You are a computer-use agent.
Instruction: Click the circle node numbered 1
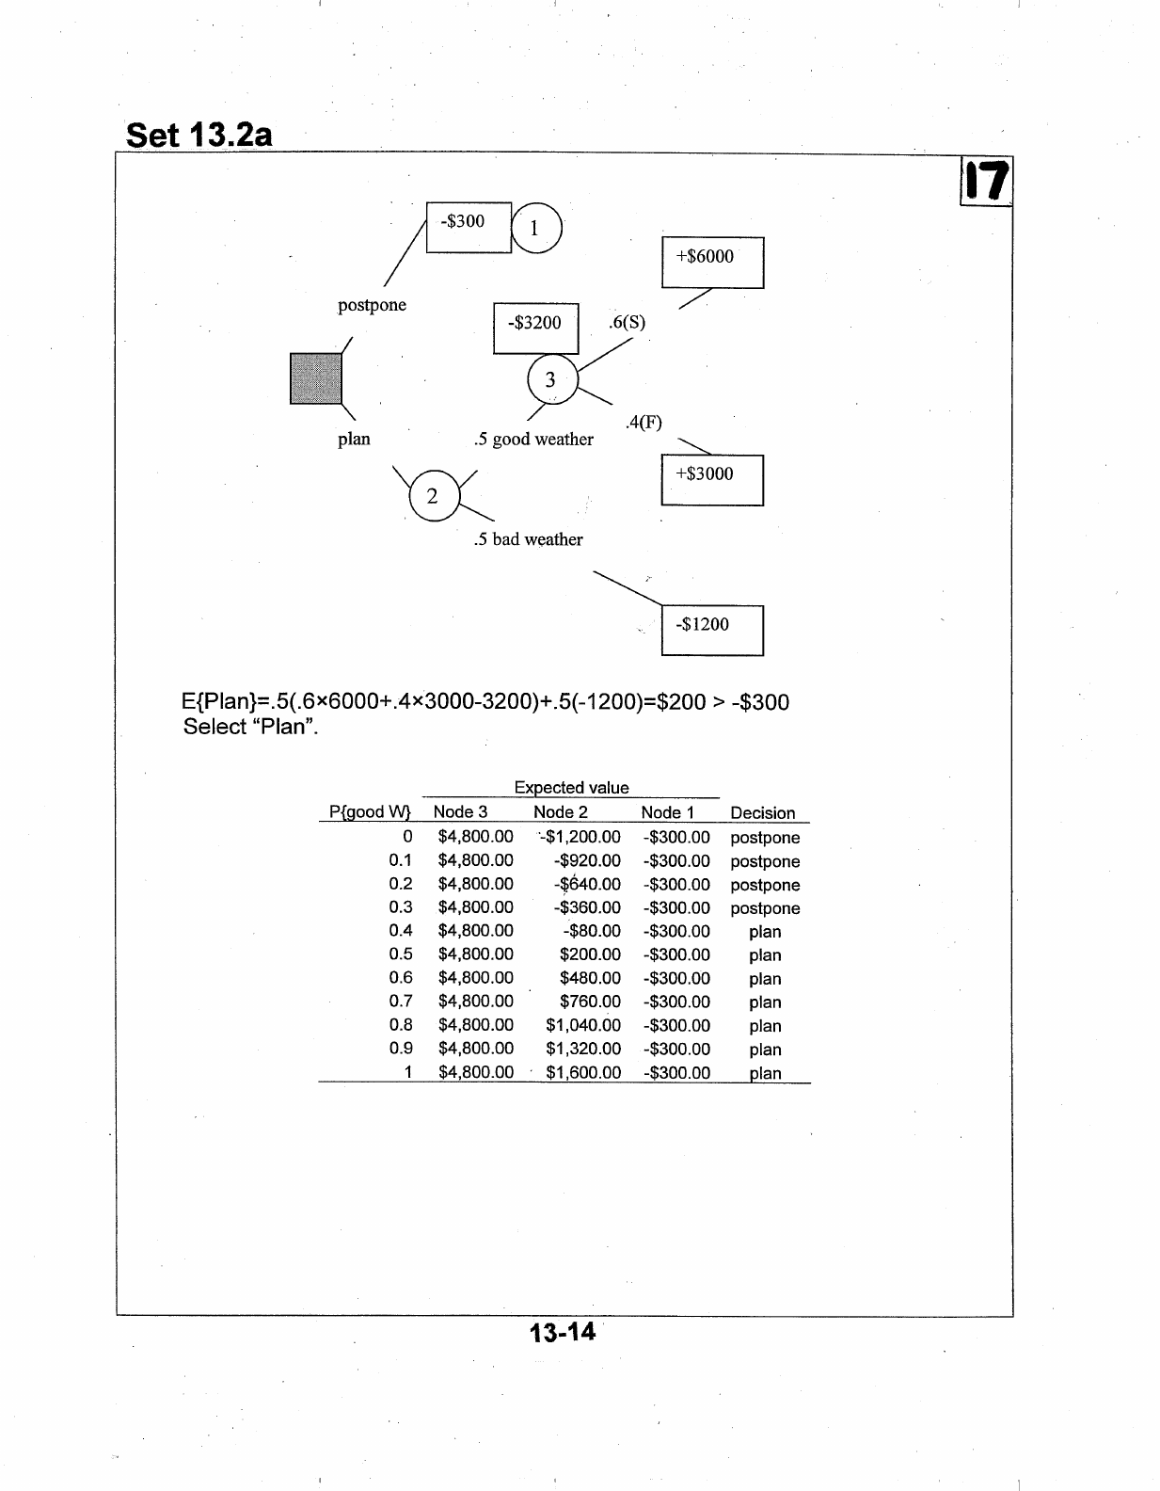click(x=535, y=228)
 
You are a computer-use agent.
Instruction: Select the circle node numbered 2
click(x=433, y=496)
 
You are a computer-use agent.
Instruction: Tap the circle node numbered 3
click(x=551, y=379)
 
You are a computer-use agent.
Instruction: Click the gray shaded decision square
click(x=315, y=378)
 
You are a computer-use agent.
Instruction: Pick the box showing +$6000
click(x=712, y=262)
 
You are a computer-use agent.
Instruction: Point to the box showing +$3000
click(x=712, y=479)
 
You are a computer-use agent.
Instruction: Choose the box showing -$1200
click(x=712, y=630)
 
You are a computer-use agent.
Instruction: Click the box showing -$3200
click(x=535, y=328)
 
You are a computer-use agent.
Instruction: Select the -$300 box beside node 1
click(x=468, y=226)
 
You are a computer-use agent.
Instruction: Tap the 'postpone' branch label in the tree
click(x=372, y=305)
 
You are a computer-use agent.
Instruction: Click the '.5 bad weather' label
click(x=528, y=539)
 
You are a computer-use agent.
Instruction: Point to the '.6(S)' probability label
click(x=627, y=322)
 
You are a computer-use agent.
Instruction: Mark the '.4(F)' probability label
click(x=644, y=423)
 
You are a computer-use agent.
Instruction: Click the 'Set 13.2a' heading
click(x=199, y=136)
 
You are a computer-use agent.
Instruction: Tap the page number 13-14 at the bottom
click(x=562, y=1332)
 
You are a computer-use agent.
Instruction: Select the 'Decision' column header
click(x=762, y=813)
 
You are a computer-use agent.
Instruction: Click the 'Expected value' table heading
click(x=571, y=788)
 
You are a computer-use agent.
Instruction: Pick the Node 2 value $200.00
click(x=590, y=954)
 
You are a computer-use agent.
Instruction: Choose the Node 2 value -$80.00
click(x=593, y=931)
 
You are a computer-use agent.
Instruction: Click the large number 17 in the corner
click(x=985, y=182)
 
